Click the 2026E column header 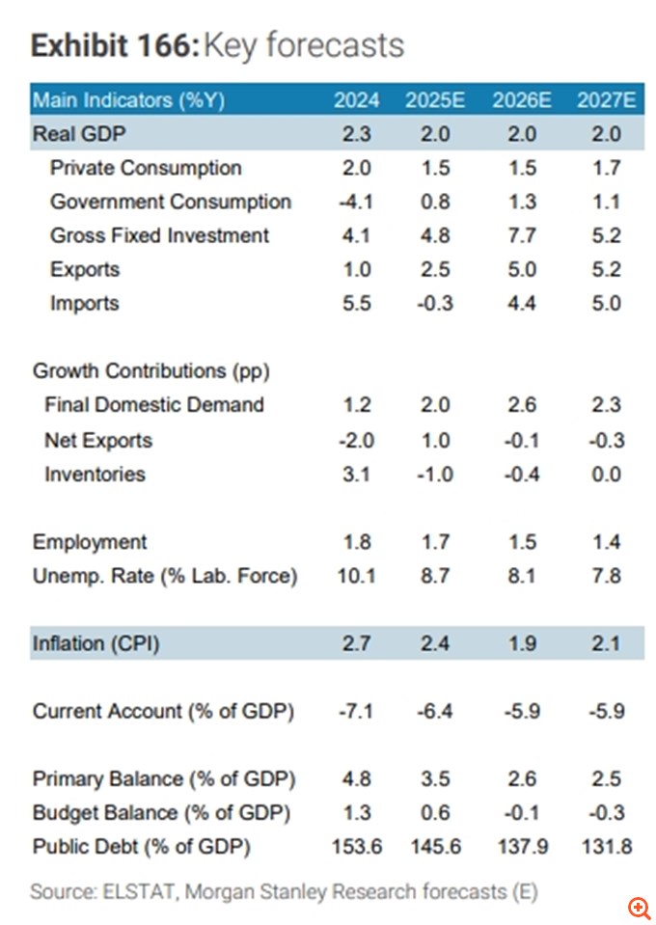521,100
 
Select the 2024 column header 357,100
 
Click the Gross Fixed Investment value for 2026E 521,235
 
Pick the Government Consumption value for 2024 356,202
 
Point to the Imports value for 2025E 436,303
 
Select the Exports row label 85,269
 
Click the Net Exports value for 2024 356,441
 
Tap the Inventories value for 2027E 607,475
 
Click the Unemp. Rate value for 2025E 436,576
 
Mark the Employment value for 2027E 607,542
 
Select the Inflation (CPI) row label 96,643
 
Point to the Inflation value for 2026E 521,643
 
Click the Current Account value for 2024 356,711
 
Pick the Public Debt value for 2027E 607,847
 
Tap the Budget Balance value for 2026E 521,813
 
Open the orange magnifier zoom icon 639,907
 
